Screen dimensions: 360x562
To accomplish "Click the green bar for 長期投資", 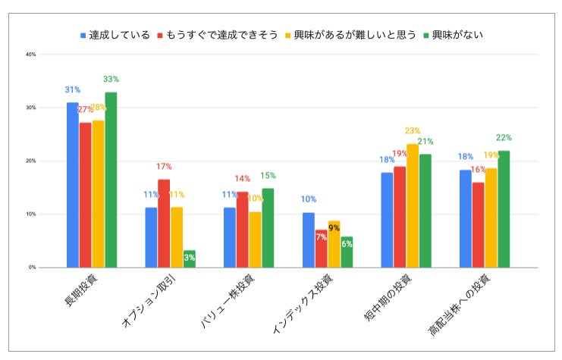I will [111, 180].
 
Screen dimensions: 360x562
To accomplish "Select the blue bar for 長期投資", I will [73, 185].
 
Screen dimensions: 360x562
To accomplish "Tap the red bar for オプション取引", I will [164, 224].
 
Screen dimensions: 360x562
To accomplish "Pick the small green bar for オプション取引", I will [190, 259].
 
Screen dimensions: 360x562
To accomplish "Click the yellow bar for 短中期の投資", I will [412, 205].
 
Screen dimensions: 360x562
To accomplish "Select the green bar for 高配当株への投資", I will [504, 209].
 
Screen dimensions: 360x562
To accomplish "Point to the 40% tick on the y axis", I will [31, 55].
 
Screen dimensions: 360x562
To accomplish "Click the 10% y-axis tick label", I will [31, 214].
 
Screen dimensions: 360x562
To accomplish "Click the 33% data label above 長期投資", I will [111, 79].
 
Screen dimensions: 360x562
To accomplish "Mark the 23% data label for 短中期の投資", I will [412, 131].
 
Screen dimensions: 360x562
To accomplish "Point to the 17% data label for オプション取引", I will [164, 167].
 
